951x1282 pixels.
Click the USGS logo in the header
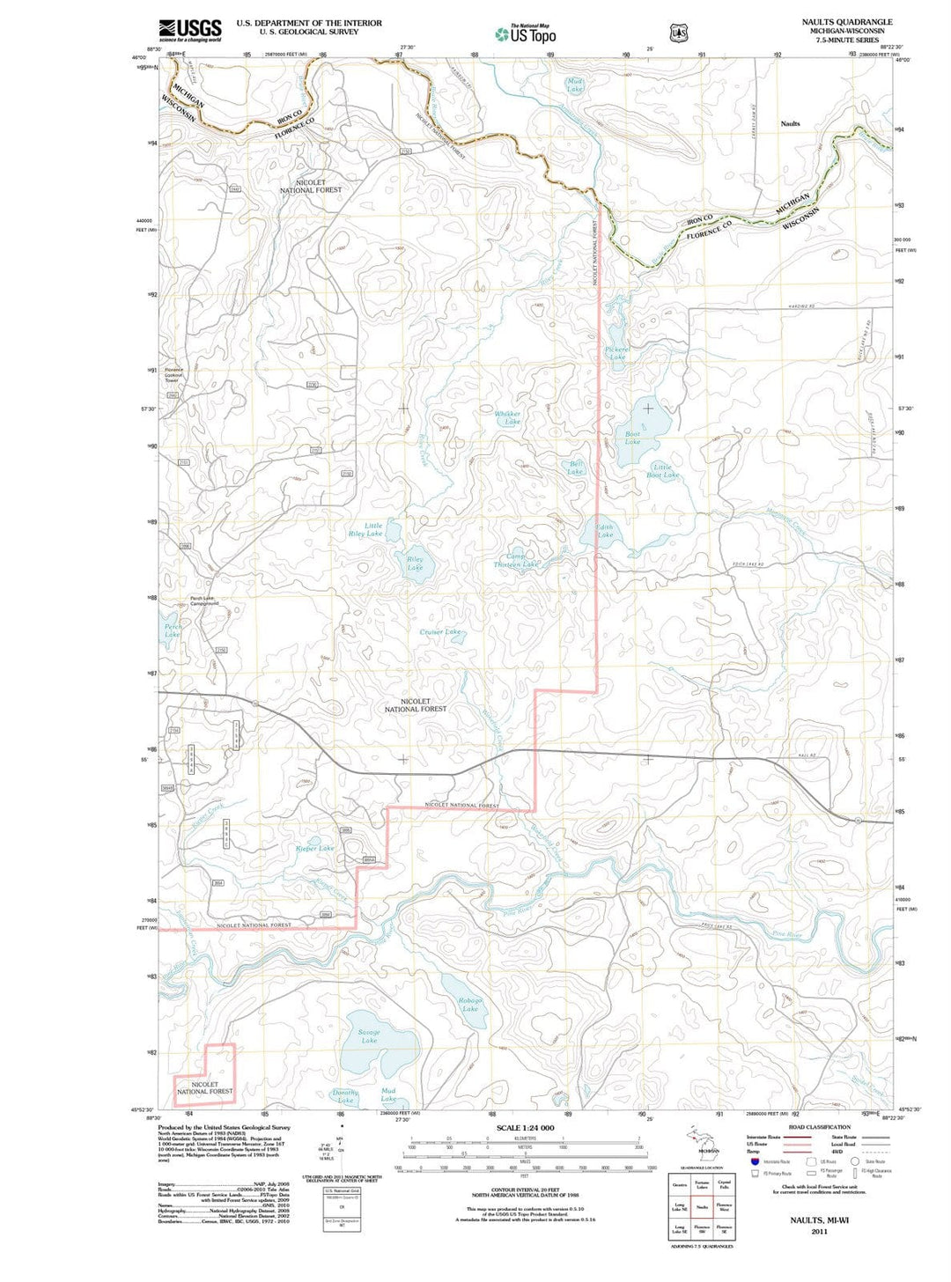(189, 30)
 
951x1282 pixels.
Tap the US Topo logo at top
(526, 34)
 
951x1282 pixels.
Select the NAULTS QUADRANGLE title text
(846, 22)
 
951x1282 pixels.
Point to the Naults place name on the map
(790, 124)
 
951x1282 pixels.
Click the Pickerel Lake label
(616, 353)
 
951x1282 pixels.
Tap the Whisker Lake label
(507, 417)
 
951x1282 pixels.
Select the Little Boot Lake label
(662, 471)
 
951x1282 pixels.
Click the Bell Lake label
(576, 468)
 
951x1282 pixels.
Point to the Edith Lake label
(605, 531)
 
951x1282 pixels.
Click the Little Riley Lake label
(365, 529)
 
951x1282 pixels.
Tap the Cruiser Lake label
(440, 632)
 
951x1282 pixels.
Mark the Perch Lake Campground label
(204, 602)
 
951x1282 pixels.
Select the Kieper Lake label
(314, 849)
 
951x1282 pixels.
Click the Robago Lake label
(470, 1005)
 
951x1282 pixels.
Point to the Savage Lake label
(369, 1036)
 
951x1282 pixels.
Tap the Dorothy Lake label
(345, 1096)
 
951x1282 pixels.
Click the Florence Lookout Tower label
(173, 375)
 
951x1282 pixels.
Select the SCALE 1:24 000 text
(525, 1128)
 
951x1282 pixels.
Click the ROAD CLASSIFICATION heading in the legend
(819, 1127)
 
